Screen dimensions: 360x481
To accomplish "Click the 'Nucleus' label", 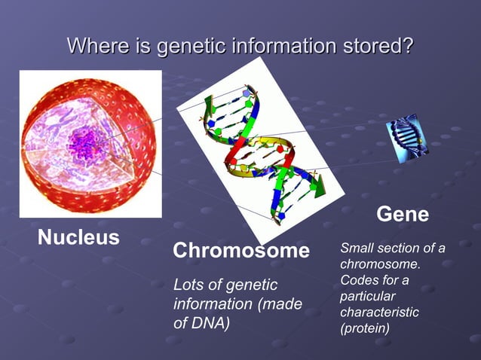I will [x=78, y=238].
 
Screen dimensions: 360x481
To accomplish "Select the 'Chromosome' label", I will [x=241, y=251].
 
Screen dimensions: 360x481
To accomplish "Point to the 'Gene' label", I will [x=403, y=215].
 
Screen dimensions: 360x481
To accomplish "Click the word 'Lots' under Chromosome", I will [x=188, y=285].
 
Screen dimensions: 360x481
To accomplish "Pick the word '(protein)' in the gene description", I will [x=365, y=328].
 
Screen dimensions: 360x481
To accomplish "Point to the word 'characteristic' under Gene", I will [x=379, y=313].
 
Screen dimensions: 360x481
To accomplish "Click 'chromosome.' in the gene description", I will [x=380, y=265].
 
